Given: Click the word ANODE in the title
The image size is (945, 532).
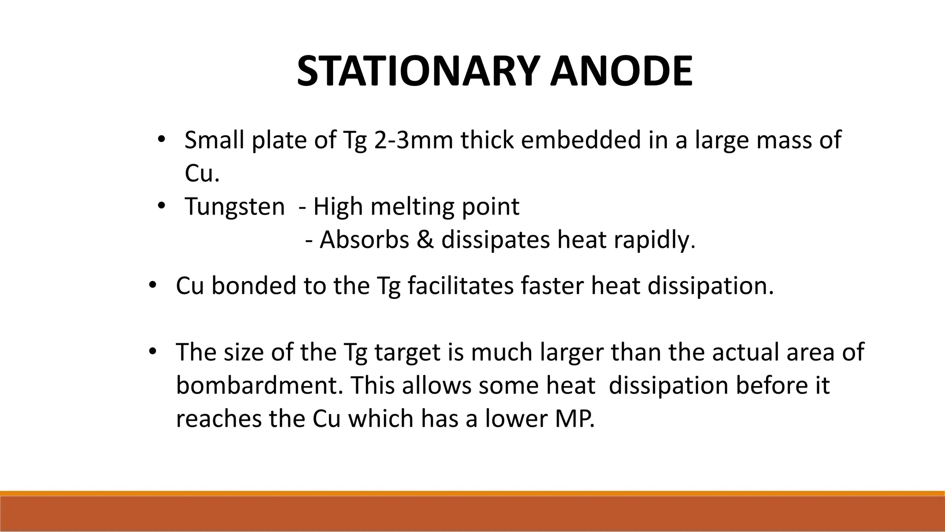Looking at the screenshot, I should (621, 72).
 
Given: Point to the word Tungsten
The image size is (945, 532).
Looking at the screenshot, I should (235, 206).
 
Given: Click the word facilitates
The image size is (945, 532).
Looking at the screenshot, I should (461, 286).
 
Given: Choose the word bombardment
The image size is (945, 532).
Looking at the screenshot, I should (260, 385).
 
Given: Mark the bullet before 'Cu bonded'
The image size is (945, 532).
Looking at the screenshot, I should (152, 285).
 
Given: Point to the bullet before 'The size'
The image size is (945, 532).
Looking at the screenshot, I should (152, 351).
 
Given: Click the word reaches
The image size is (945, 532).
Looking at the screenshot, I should (218, 418).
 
